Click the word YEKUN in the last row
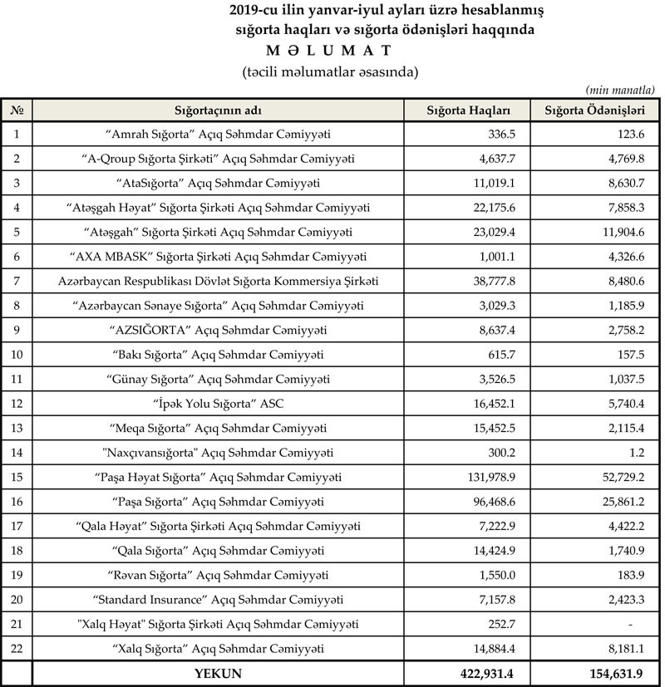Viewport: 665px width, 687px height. tap(218, 674)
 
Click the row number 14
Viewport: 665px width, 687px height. tap(17, 453)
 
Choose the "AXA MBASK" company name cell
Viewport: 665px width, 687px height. tap(219, 258)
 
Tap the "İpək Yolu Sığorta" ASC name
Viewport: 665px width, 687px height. tap(219, 405)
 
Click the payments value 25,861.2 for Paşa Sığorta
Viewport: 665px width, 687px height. tap(618, 503)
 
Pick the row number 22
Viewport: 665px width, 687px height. tap(17, 649)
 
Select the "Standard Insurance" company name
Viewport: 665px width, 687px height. tap(219, 600)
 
